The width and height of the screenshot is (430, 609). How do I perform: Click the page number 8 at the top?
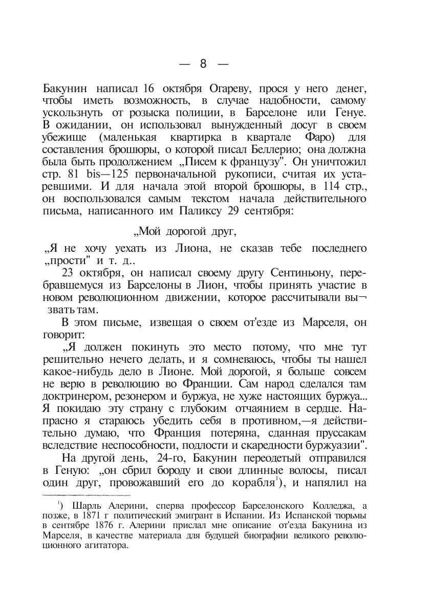click(203, 63)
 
